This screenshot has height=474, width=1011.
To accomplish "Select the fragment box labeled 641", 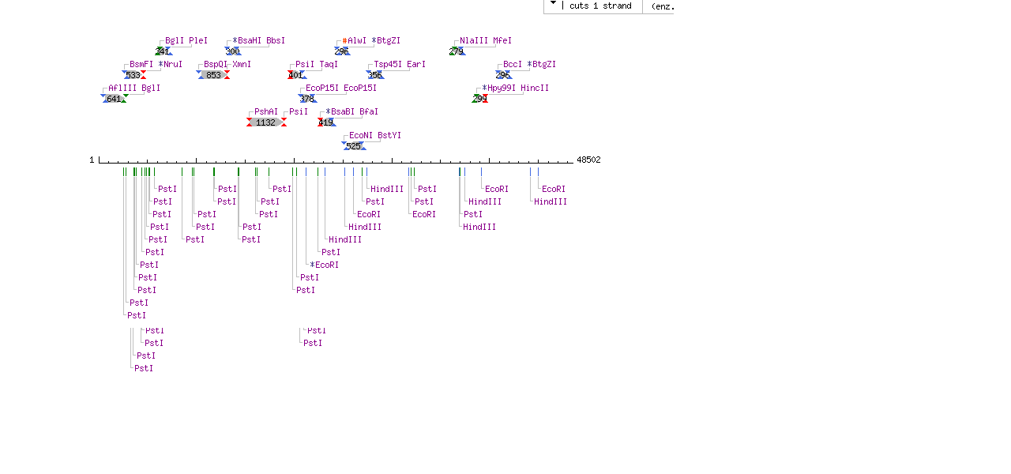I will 114,99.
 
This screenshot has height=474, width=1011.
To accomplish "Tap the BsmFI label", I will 141,64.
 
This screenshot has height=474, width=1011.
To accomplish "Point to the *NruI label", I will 171,64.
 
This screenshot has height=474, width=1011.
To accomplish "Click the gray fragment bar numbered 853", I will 213,75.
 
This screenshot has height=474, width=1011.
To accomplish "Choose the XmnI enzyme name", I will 242,64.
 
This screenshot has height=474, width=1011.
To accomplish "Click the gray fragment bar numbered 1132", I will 265,122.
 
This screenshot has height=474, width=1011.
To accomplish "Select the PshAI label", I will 266,111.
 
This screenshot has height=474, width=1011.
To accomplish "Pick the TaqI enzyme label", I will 329,64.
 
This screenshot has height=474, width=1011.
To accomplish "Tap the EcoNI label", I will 361,135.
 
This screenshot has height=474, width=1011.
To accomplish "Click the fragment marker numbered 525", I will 354,146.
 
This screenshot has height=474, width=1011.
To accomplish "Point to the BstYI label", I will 389,135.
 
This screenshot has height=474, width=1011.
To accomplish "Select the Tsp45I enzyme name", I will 388,64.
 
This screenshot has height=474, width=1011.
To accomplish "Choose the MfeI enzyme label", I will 502,40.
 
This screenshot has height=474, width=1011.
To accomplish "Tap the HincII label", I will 535,88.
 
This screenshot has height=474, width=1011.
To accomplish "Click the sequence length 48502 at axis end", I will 588,160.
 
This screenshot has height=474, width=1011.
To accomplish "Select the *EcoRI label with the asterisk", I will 325,265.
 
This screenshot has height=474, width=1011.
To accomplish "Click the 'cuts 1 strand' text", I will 600,6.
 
